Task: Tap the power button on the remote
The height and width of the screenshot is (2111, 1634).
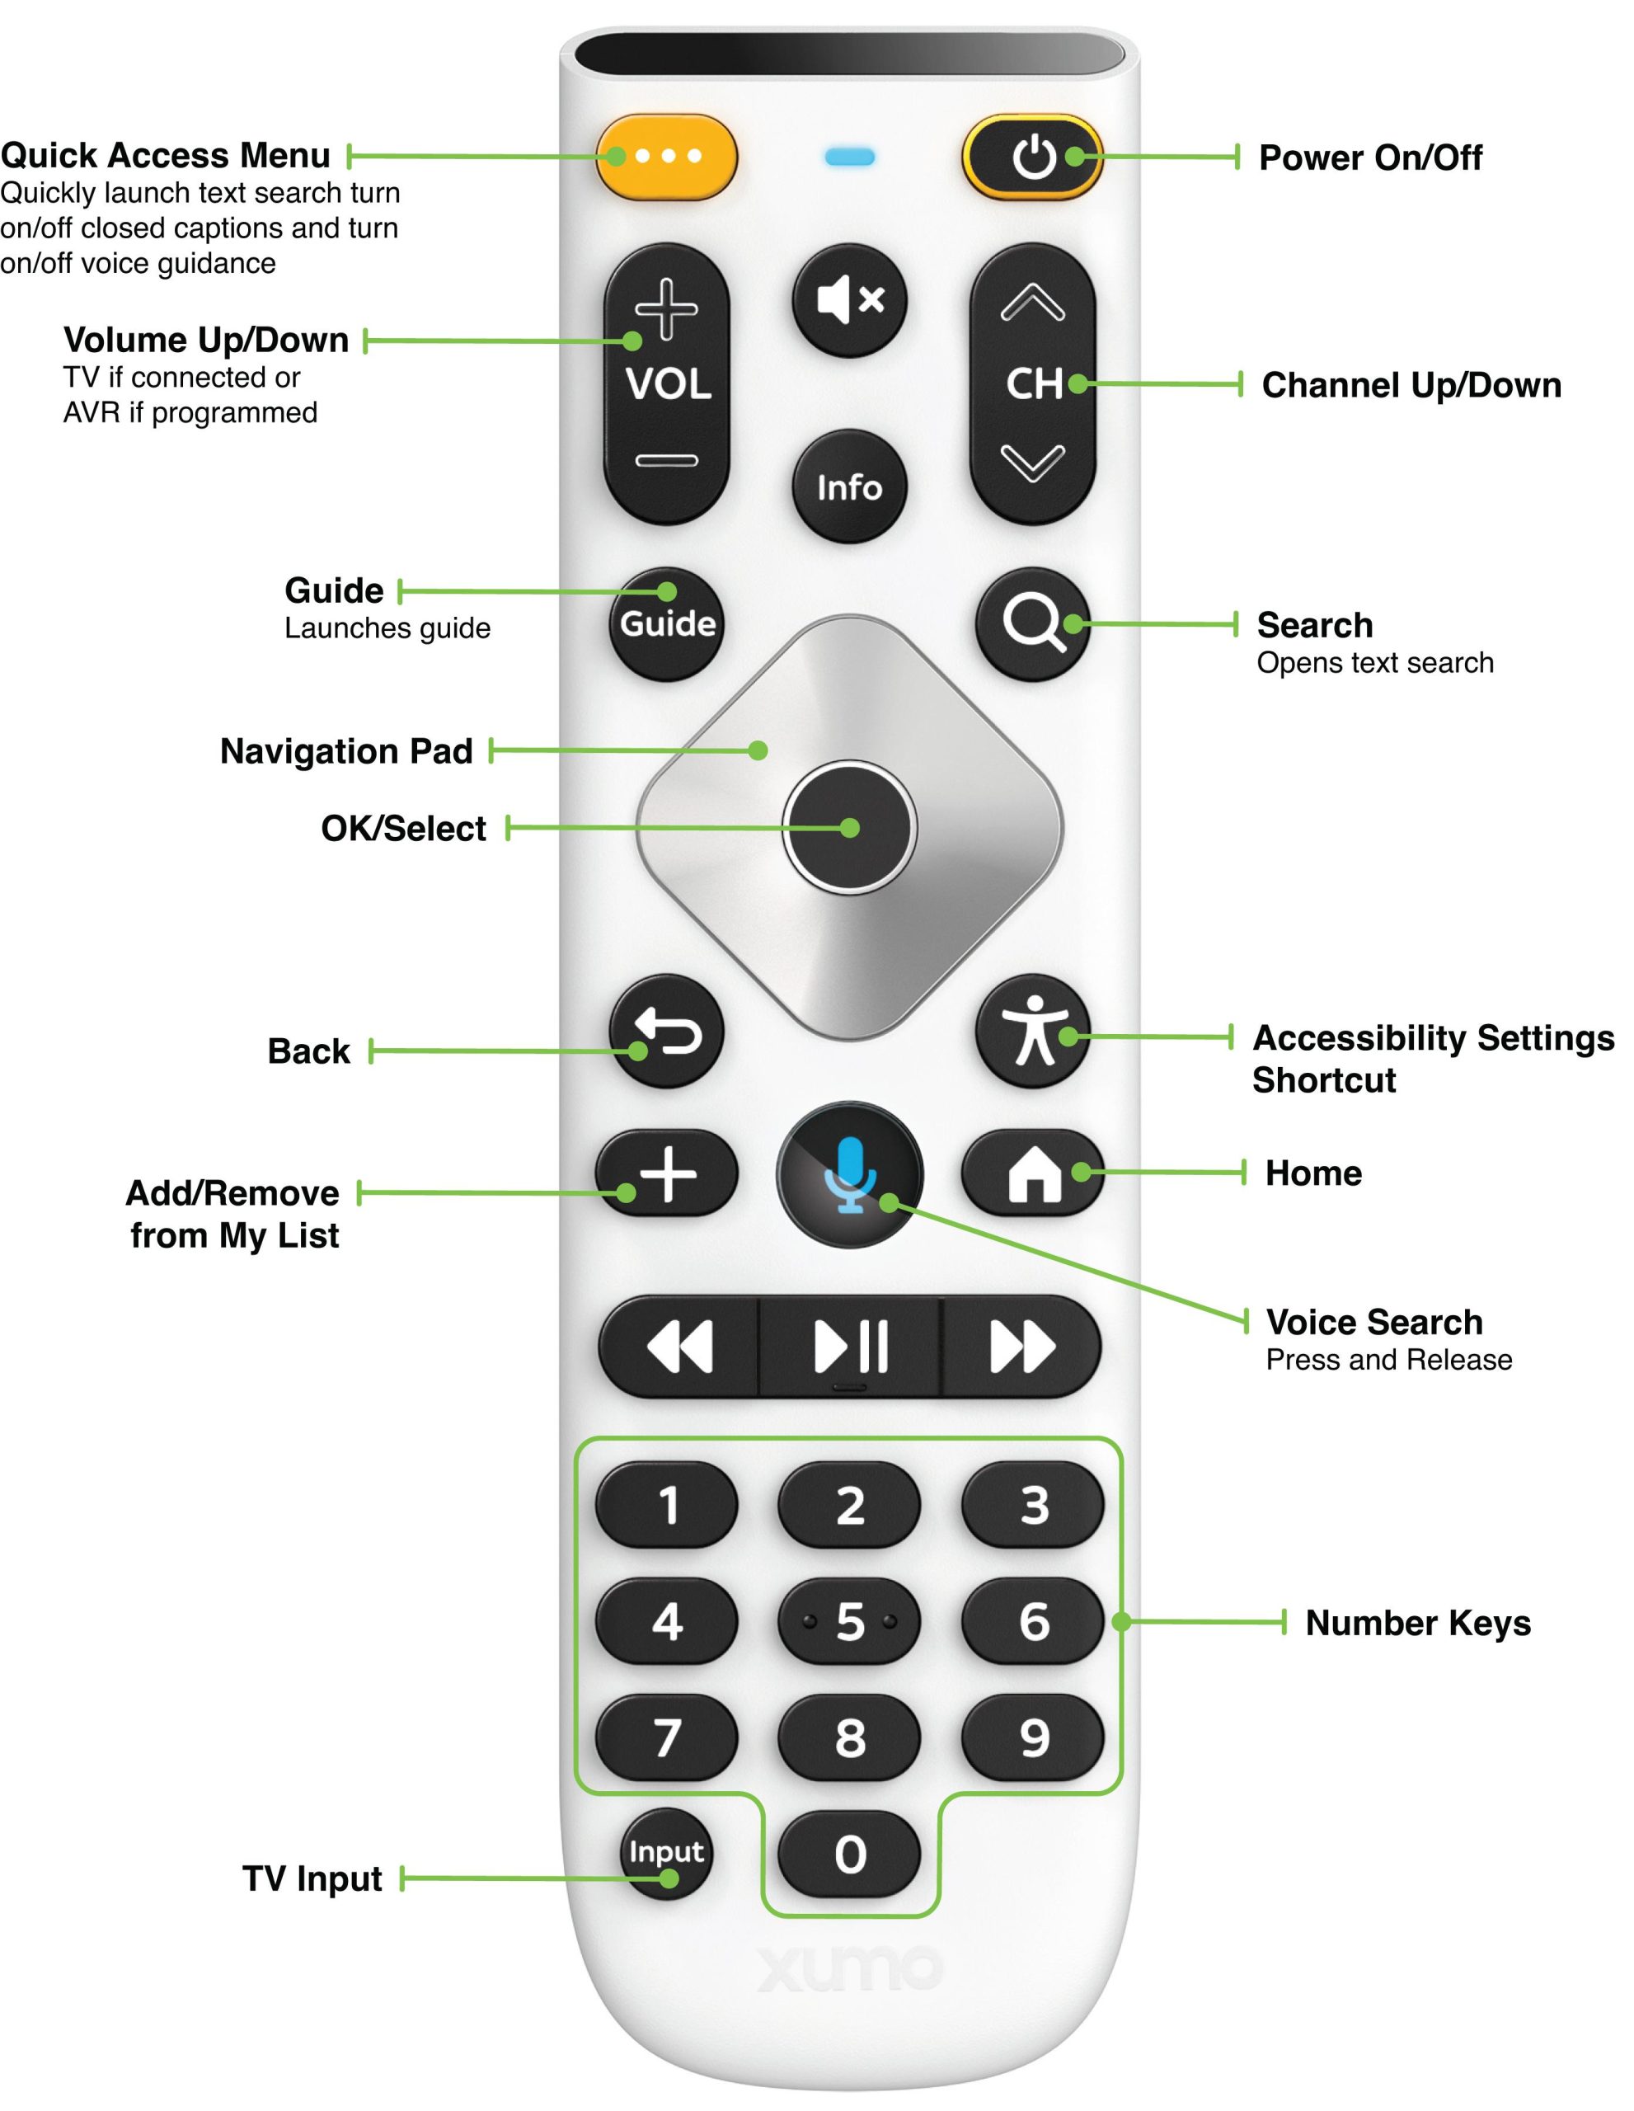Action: point(1033,158)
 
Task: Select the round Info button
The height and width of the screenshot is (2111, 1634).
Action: point(849,487)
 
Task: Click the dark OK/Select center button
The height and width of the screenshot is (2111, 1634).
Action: point(849,827)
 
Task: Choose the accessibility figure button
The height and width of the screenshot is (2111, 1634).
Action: point(1033,1032)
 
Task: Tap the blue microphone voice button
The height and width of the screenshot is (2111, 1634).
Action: point(849,1174)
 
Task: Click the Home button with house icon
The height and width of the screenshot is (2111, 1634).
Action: point(1033,1173)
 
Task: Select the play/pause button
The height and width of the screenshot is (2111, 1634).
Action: point(849,1346)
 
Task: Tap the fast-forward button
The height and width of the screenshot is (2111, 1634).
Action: point(1021,1346)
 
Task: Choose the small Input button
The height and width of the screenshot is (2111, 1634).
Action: point(666,1853)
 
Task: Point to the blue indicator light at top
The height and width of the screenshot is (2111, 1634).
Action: point(849,157)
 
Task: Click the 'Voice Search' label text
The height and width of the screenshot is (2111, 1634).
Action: point(1373,1321)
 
